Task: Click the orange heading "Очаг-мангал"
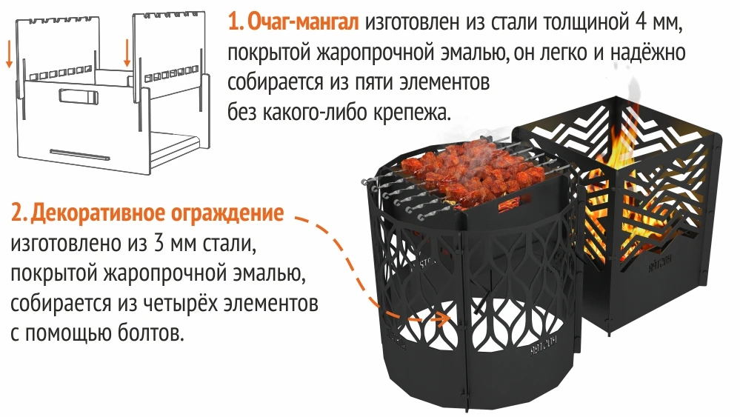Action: click(303, 22)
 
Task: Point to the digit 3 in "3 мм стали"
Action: click(159, 244)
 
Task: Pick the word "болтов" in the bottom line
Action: click(150, 333)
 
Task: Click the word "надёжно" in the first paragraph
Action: click(647, 53)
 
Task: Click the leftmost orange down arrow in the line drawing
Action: click(9, 57)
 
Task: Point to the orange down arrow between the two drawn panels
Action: click(127, 52)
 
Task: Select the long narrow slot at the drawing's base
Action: click(80, 155)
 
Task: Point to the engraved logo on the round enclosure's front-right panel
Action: click(544, 346)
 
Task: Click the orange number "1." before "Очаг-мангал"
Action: click(236, 22)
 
